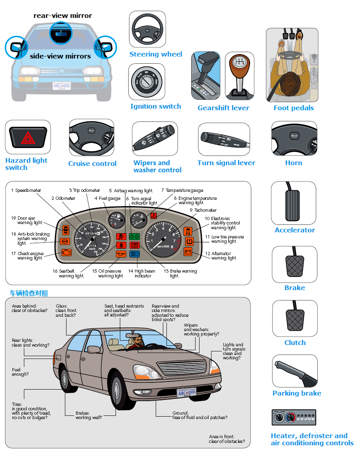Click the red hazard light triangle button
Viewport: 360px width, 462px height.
tap(27, 138)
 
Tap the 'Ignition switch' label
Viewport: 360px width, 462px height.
tap(155, 106)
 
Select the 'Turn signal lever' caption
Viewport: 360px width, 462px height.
tap(226, 163)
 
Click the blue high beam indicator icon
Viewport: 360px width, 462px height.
tap(134, 253)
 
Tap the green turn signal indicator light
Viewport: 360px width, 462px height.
tap(134, 236)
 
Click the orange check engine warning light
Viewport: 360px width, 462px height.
tap(67, 252)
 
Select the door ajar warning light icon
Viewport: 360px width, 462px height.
tap(66, 230)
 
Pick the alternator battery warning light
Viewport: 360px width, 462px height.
tap(188, 251)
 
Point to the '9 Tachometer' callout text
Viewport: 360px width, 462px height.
tap(203, 210)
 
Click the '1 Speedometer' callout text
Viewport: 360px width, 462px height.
tap(26, 191)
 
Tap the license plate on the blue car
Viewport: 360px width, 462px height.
tap(62, 86)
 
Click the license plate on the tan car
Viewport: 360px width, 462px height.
tap(186, 393)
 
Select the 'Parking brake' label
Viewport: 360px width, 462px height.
tap(297, 393)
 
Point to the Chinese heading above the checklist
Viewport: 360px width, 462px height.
tap(29, 293)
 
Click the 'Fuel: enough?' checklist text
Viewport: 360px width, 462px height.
tap(20, 372)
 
